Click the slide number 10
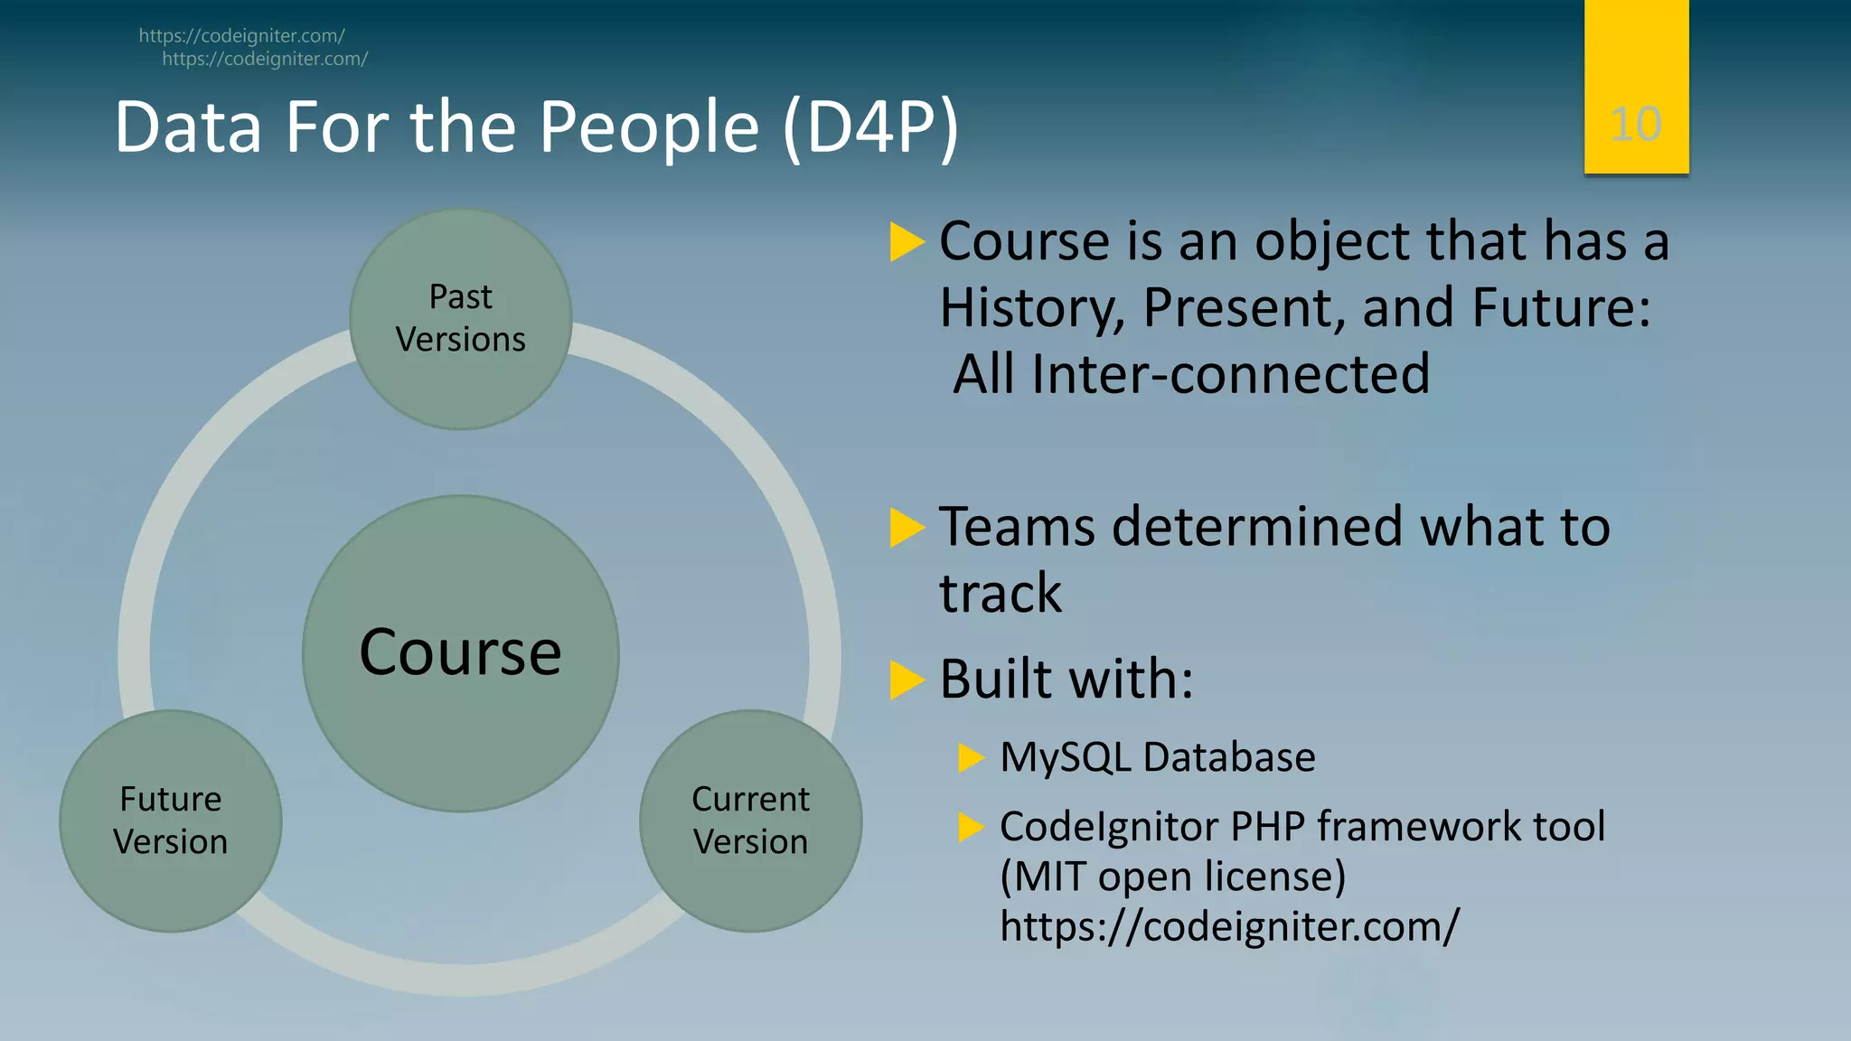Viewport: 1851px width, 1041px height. coord(1635,124)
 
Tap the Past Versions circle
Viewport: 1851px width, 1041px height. coord(461,318)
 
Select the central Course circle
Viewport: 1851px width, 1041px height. coord(461,652)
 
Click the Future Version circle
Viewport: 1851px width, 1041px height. coord(171,821)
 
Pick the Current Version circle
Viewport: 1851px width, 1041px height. coord(750,821)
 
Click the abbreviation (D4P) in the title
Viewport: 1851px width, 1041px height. coord(870,128)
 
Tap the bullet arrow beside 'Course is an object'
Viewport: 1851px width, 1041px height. coord(907,242)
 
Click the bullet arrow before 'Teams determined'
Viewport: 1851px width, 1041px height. coord(907,528)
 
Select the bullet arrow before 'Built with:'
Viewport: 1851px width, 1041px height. coord(907,680)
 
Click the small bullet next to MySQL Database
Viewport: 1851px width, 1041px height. coord(971,757)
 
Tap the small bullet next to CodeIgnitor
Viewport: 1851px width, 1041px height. coord(971,826)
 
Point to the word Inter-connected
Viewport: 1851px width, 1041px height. coord(1231,374)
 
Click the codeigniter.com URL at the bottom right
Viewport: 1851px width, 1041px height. coord(1229,926)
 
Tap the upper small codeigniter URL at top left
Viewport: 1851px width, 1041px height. coord(241,36)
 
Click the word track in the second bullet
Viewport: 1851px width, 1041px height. coord(1001,595)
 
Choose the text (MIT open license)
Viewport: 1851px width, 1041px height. coord(1172,877)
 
